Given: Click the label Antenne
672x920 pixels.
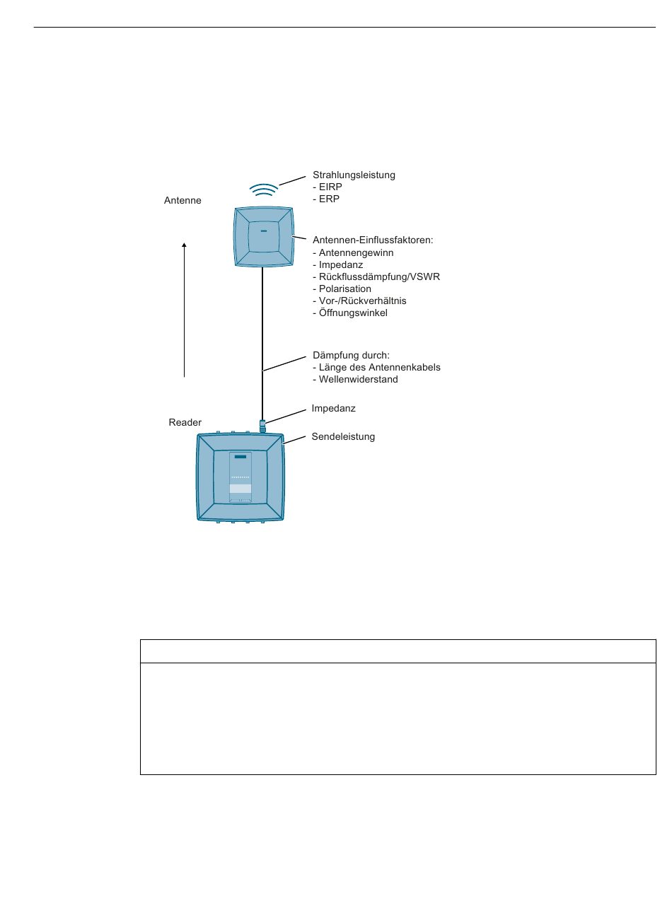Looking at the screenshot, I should (x=183, y=201).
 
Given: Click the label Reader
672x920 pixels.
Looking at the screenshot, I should (x=185, y=423).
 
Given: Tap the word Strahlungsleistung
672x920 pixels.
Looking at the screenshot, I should (x=354, y=175).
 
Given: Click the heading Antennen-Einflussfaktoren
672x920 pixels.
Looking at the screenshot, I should (x=373, y=240).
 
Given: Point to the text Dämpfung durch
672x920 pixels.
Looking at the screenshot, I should (x=351, y=356).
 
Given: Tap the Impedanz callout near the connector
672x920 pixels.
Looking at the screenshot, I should (x=333, y=409).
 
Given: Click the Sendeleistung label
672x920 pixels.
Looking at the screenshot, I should (x=343, y=437).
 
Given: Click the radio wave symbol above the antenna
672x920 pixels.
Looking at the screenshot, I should (x=264, y=190).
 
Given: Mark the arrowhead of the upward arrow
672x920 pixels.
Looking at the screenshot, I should (x=185, y=245).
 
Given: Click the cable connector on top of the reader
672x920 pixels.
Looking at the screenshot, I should (x=262, y=426).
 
